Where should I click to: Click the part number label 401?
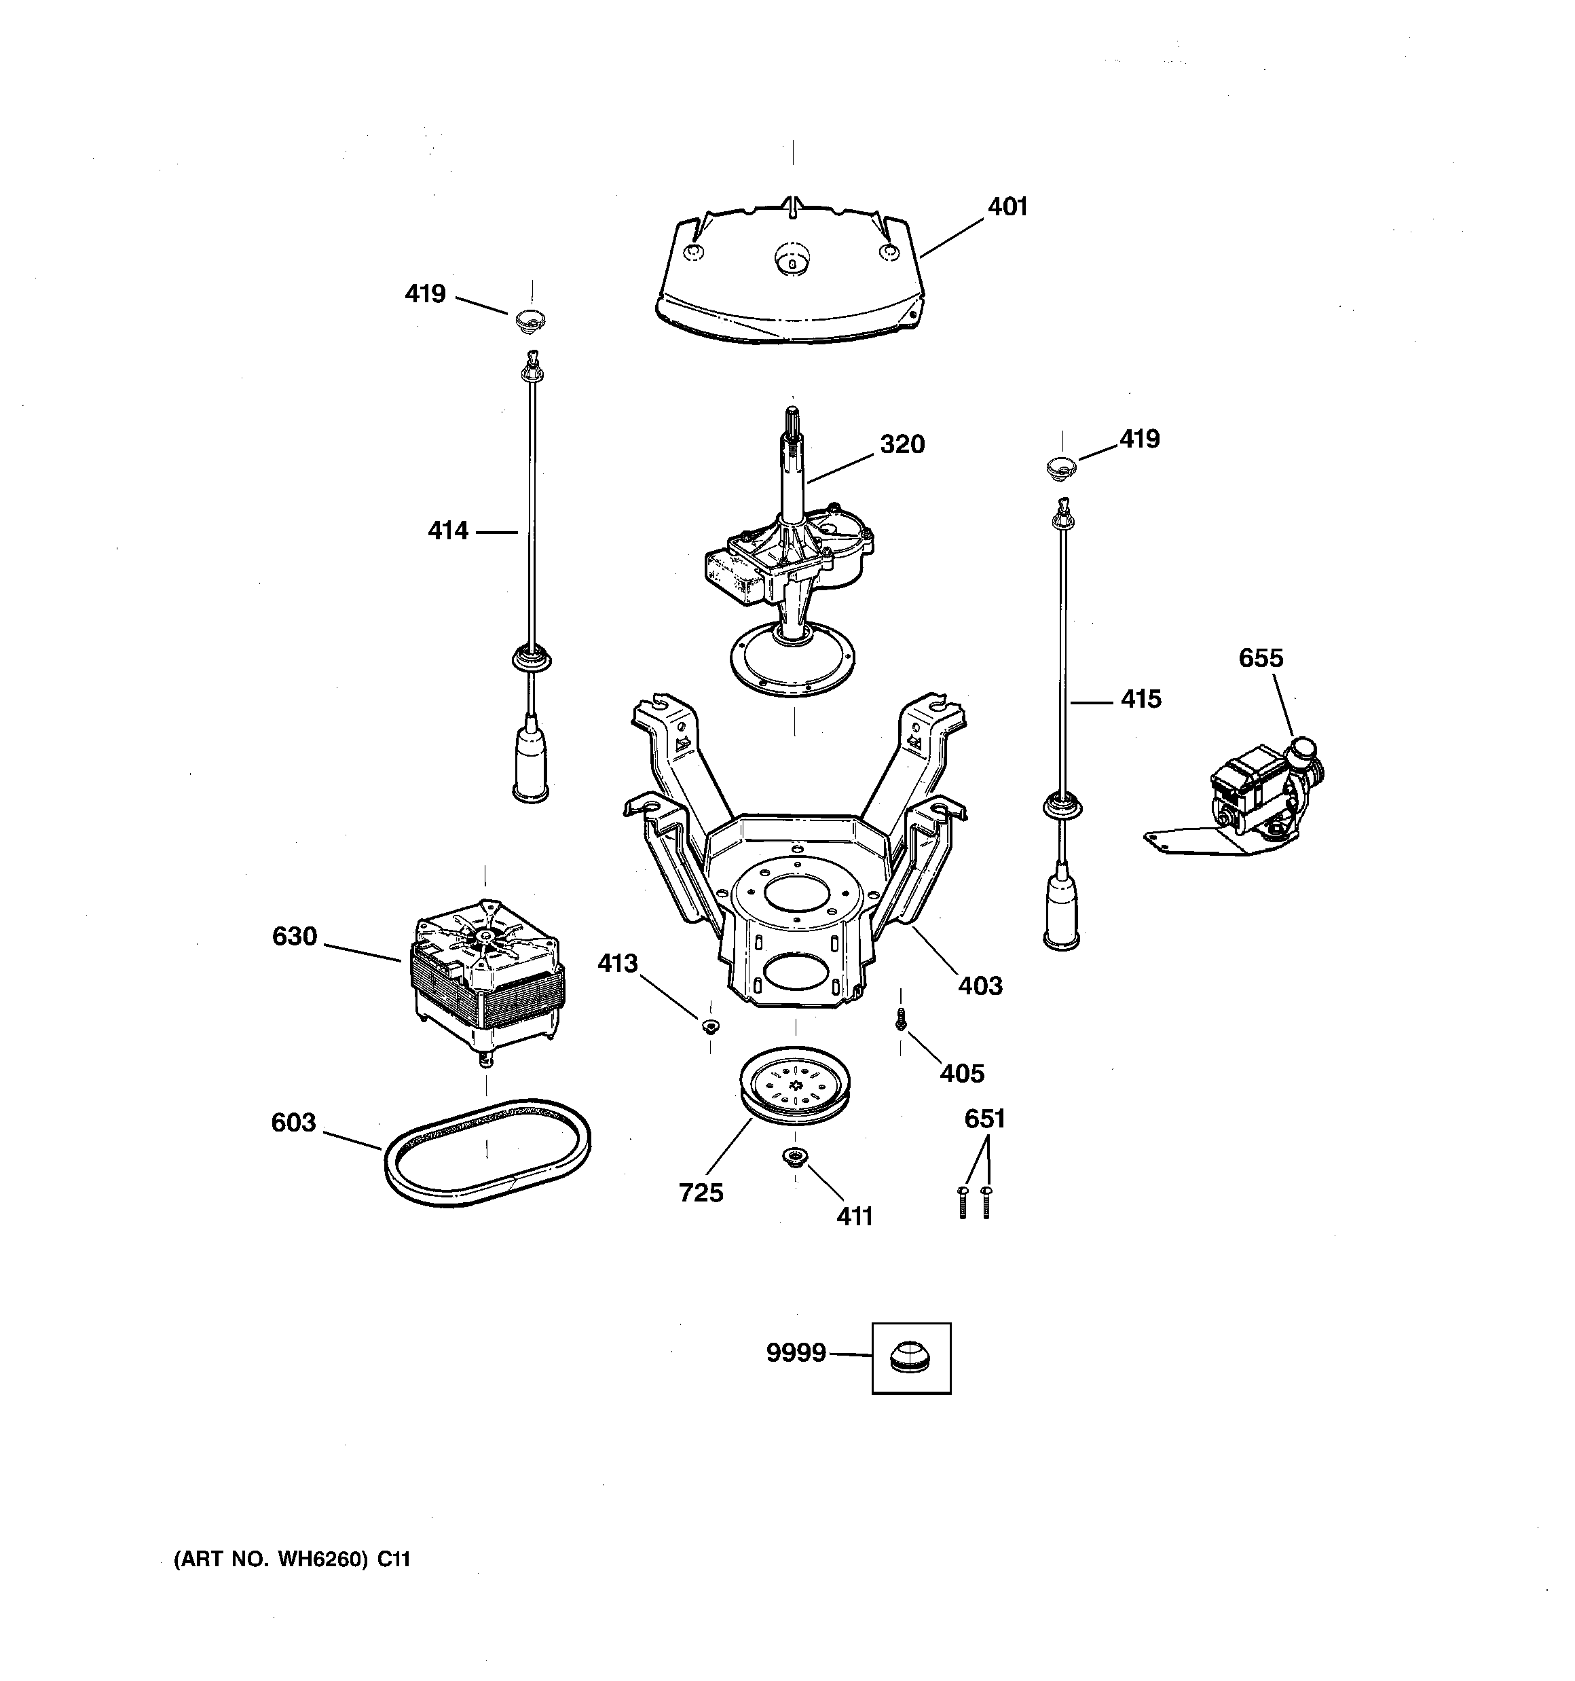(x=1007, y=207)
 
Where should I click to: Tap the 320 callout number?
(x=902, y=444)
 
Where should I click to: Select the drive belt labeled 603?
(x=488, y=1152)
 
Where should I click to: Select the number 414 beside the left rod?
(x=447, y=531)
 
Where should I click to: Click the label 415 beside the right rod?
(x=1141, y=700)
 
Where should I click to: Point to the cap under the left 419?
(x=530, y=321)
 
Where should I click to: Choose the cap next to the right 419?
(x=1062, y=467)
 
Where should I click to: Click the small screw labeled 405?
(x=901, y=1022)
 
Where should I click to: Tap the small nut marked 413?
(x=710, y=1026)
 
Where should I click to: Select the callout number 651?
(x=984, y=1119)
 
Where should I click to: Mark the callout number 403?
(x=980, y=986)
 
